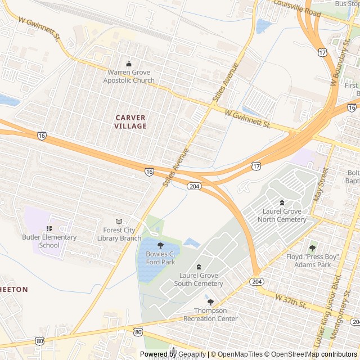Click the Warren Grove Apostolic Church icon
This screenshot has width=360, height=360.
[x=128, y=64]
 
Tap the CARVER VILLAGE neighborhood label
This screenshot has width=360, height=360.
[x=130, y=121]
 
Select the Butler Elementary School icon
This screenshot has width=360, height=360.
[x=49, y=228]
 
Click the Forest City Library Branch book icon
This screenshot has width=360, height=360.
[x=118, y=222]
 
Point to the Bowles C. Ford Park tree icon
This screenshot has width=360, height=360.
[x=160, y=245]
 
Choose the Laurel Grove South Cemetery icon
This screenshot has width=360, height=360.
[x=198, y=267]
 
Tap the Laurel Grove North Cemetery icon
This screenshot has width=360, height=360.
[x=282, y=202]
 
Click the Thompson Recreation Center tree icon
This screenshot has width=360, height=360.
[x=210, y=302]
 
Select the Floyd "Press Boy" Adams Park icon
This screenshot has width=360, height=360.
[x=312, y=248]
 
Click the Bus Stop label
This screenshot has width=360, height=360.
[x=347, y=3]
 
